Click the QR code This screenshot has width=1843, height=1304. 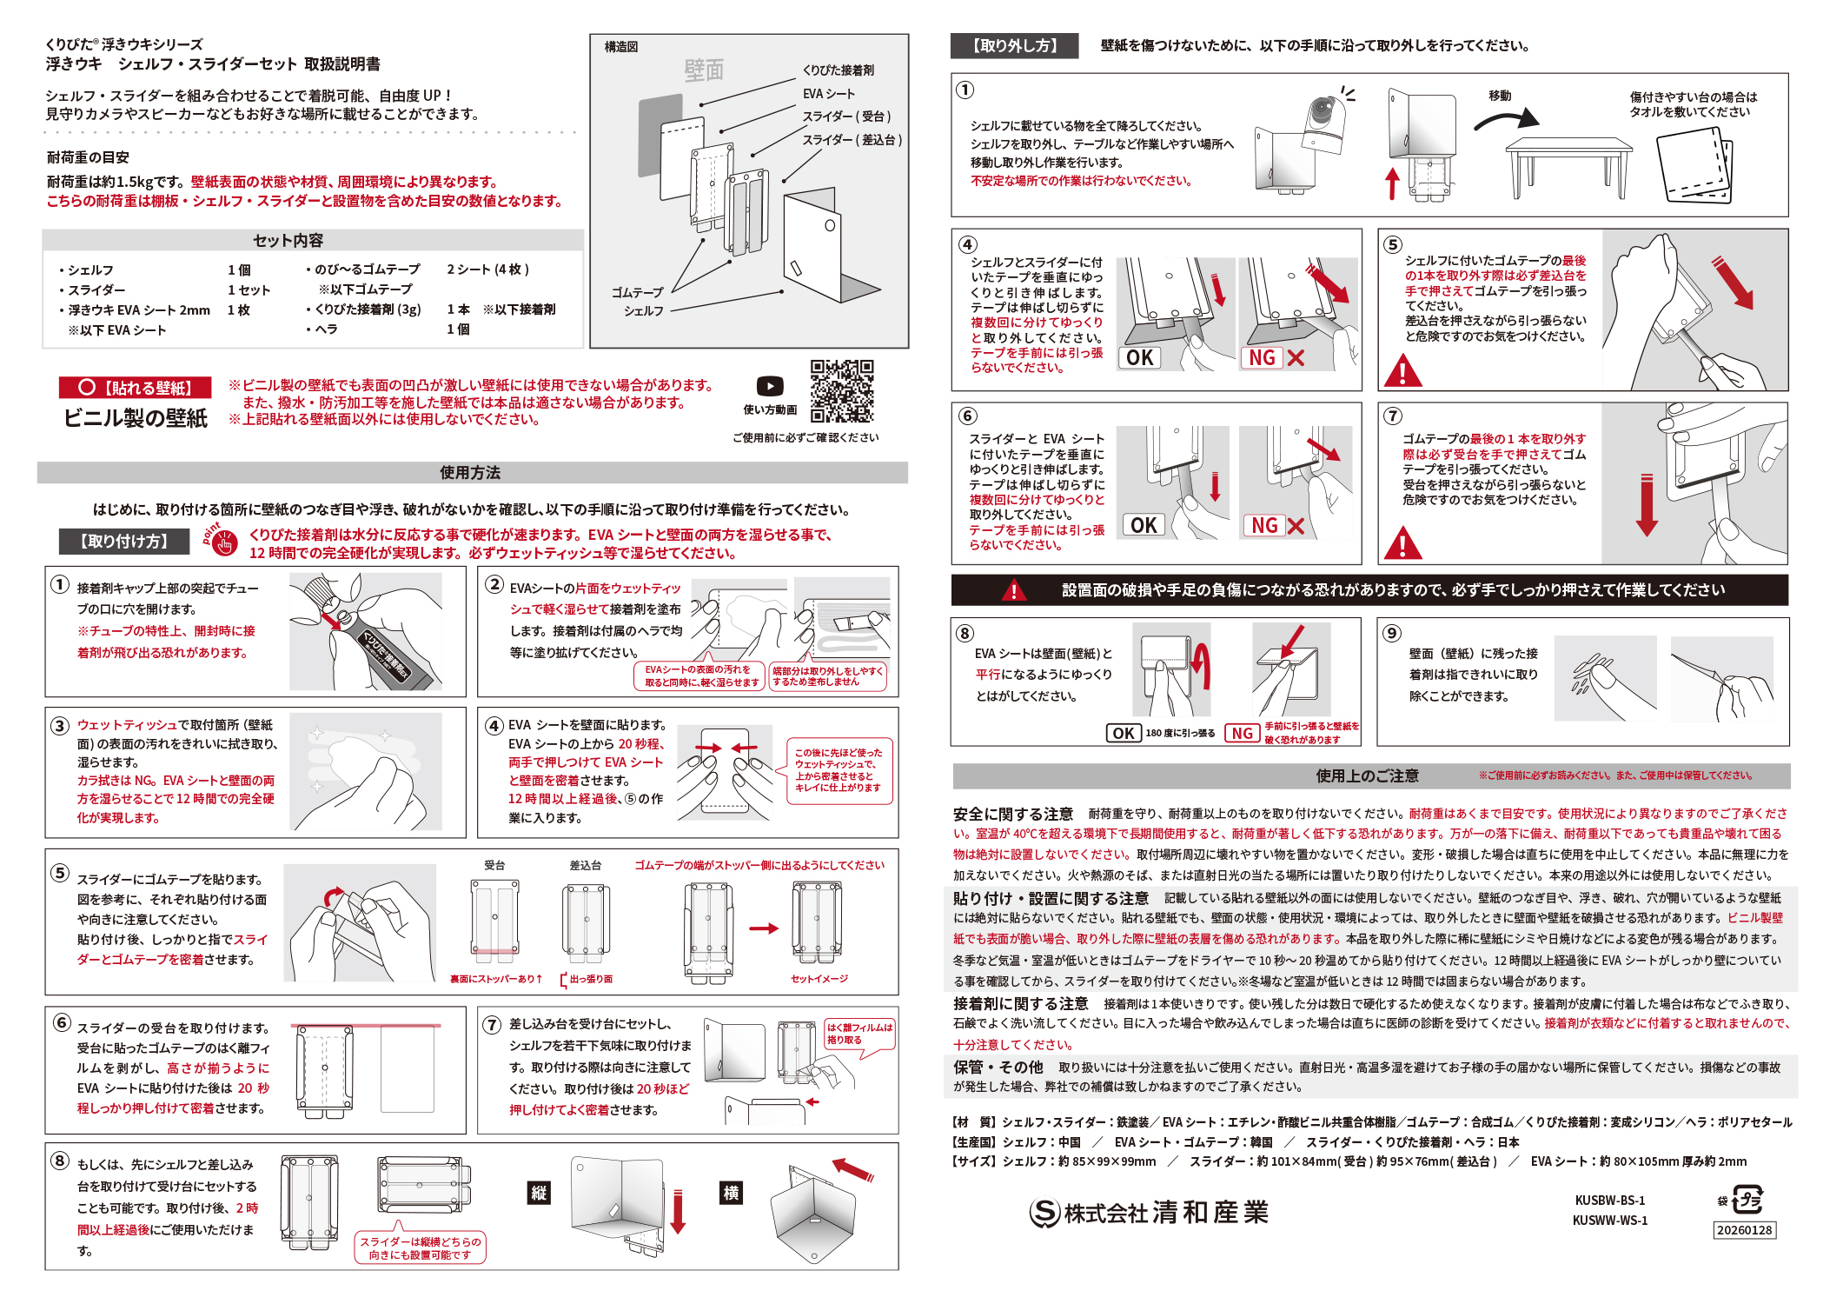[x=842, y=391]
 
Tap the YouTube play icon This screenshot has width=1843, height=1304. [x=770, y=386]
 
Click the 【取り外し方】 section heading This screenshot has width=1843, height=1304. [x=1014, y=46]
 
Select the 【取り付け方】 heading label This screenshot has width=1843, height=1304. [x=124, y=542]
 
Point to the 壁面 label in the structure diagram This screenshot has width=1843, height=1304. [x=704, y=70]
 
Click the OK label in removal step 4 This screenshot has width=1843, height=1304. [x=1140, y=358]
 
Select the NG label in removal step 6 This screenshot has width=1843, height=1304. [x=1264, y=525]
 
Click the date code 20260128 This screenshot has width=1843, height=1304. [x=1744, y=1230]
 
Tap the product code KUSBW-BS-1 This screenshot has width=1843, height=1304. [x=1610, y=1201]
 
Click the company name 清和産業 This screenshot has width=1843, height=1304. [x=1210, y=1213]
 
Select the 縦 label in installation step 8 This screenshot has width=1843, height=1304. [x=539, y=1193]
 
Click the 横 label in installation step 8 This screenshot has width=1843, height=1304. [x=732, y=1193]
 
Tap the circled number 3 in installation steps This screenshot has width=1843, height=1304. [x=60, y=725]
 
